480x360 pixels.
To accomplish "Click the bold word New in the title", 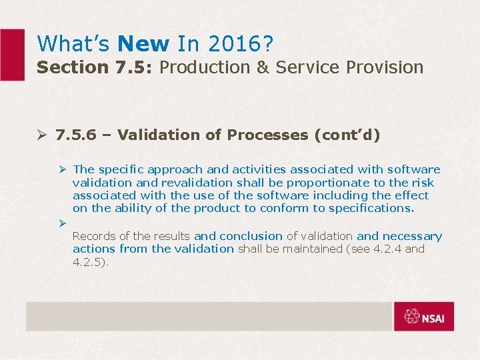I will point(143,44).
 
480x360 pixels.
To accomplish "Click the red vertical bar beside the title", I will point(12,55).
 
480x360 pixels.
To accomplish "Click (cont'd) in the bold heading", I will point(347,135).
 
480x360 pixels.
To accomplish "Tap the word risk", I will point(423,183).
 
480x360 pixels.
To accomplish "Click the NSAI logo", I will point(423,317).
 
